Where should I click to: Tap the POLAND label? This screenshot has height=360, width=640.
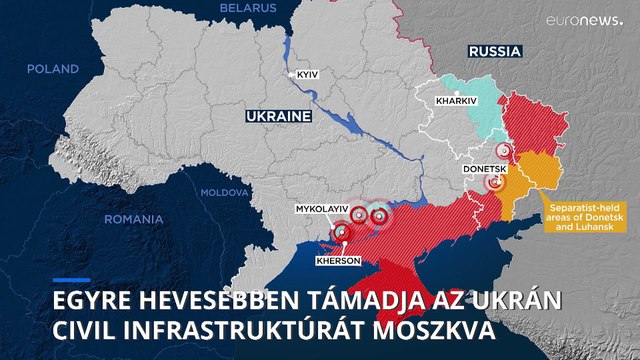tap(52, 69)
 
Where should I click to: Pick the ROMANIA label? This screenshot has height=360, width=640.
tap(133, 218)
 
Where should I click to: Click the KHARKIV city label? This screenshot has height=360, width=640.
tap(457, 101)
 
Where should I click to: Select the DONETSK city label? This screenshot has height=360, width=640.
tap(485, 169)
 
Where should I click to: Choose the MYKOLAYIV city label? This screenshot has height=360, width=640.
tap(321, 208)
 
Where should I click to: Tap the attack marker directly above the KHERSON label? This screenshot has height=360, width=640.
tap(343, 233)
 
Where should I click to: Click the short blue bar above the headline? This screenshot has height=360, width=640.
tap(71, 280)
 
